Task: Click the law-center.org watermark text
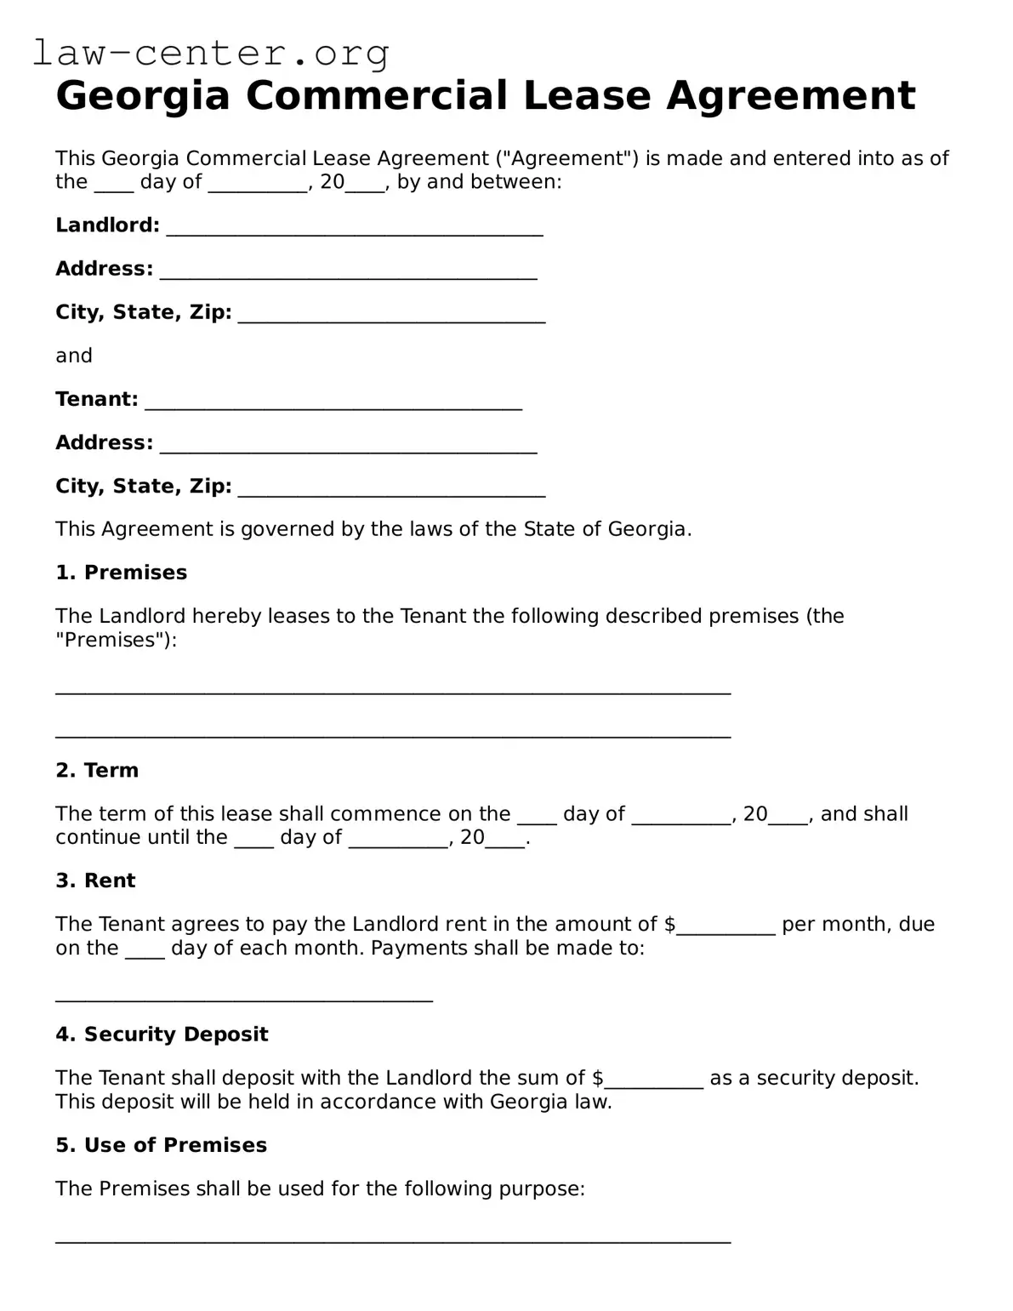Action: pos(211,54)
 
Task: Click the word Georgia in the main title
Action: pos(143,95)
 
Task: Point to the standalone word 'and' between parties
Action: pos(74,356)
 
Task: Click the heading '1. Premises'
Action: pos(121,573)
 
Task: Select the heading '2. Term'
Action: pos(97,770)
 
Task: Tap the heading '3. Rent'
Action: pos(95,881)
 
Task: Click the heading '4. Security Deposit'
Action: pos(162,1035)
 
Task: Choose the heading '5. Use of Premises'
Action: pos(162,1145)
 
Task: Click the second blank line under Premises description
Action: pos(393,732)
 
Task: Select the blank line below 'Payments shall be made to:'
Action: pos(244,997)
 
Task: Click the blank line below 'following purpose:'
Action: pos(393,1238)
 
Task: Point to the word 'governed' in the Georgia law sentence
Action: pos(287,529)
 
